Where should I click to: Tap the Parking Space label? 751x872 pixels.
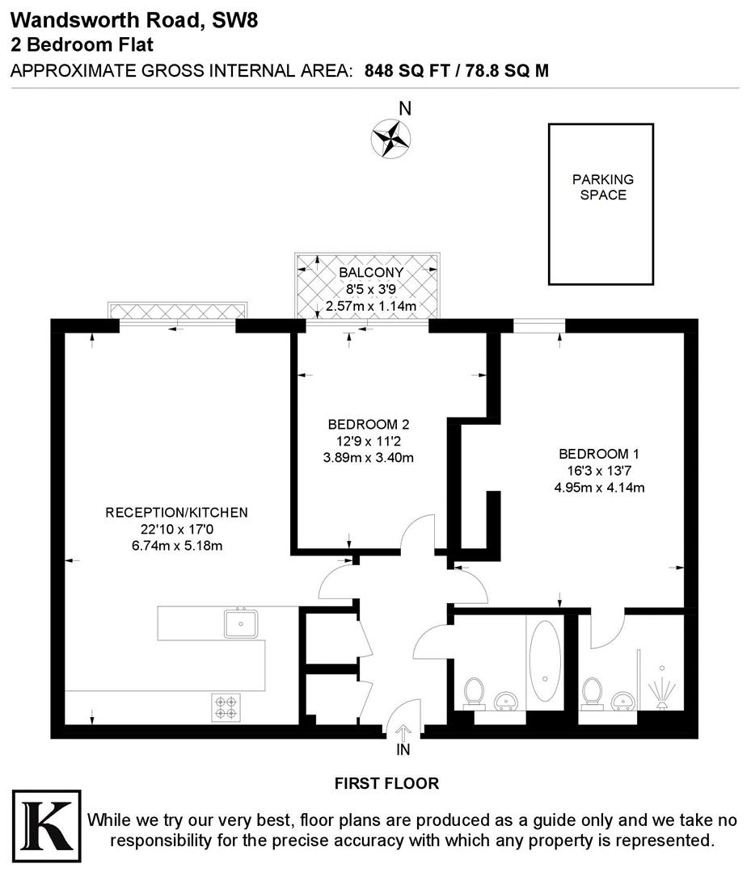[x=603, y=187]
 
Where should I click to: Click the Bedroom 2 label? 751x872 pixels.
[x=368, y=425]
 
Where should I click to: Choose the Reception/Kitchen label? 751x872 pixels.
[x=176, y=513]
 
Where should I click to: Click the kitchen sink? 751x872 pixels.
[x=241, y=623]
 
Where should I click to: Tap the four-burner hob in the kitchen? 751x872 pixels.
[x=226, y=707]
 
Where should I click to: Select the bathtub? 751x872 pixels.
[x=546, y=660]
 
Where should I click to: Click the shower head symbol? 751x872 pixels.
[x=661, y=694]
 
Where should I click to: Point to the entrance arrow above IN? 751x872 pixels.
[x=403, y=732]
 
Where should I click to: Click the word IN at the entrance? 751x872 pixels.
[x=403, y=750]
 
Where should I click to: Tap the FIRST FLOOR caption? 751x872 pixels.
[x=386, y=783]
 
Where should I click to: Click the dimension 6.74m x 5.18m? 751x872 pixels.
[x=176, y=545]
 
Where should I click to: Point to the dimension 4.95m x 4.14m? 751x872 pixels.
[x=599, y=487]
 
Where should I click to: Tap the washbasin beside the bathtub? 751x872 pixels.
[x=506, y=699]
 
